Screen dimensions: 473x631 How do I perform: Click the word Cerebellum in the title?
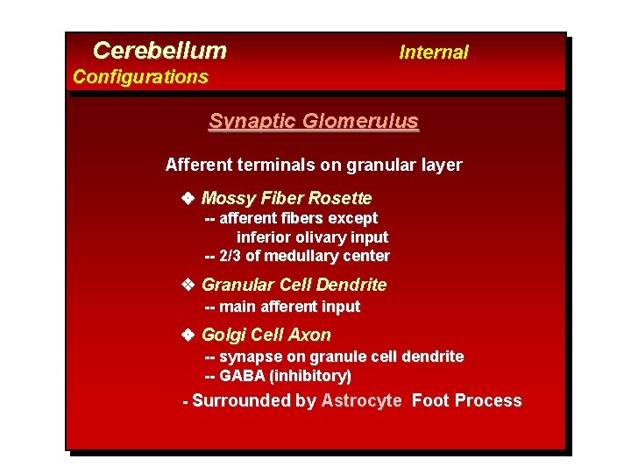(x=160, y=51)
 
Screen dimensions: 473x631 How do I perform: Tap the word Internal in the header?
(x=434, y=53)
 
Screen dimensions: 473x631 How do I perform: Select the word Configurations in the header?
(x=140, y=77)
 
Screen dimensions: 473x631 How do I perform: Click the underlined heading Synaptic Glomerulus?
(x=314, y=122)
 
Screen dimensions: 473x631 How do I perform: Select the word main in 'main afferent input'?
(x=237, y=307)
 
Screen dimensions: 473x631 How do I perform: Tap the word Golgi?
(x=222, y=335)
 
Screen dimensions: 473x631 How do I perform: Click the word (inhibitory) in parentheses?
(x=310, y=376)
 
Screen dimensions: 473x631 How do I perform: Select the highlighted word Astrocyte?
(x=362, y=401)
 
